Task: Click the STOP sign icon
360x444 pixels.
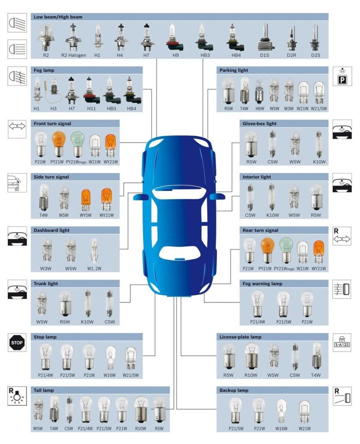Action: click(17, 342)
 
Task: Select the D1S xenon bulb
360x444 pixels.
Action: click(264, 37)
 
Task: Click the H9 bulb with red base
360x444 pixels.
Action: click(174, 37)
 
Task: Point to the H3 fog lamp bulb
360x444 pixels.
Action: click(53, 90)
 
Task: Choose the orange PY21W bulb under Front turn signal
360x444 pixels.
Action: click(58, 144)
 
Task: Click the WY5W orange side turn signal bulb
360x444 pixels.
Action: click(85, 200)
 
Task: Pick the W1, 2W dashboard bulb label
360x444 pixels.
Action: click(94, 269)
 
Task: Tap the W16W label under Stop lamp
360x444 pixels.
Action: click(109, 375)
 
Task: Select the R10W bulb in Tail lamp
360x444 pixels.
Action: click(141, 409)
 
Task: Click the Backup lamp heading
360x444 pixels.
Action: click(234, 390)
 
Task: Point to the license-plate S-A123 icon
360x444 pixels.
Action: click(342, 342)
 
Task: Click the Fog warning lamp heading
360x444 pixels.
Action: click(262, 283)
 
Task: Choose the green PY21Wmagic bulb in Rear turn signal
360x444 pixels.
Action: click(286, 250)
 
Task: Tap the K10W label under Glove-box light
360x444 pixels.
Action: click(319, 162)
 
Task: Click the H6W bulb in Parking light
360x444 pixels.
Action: click(259, 91)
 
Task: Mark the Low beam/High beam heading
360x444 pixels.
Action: click(58, 17)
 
